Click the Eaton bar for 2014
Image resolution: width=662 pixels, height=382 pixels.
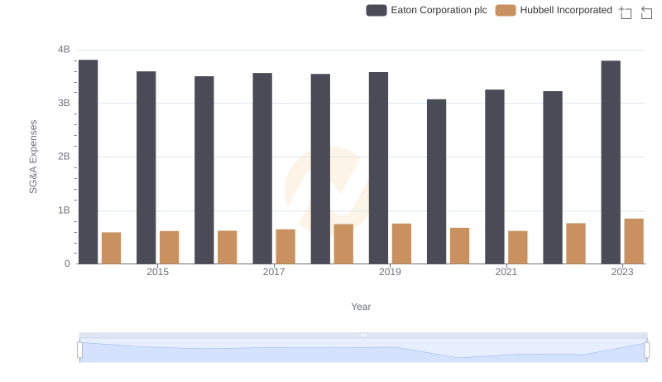pos(89,162)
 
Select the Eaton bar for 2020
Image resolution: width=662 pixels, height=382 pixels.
pos(436,181)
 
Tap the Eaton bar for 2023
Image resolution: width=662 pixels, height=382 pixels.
pos(611,162)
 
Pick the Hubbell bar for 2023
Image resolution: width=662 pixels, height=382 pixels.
pos(634,241)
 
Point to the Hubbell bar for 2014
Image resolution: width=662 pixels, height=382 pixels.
pos(112,248)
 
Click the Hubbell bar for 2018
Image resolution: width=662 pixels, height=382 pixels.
pos(343,244)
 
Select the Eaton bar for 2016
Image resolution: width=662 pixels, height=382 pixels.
pos(204,170)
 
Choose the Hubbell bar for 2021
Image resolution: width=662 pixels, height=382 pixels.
pos(518,247)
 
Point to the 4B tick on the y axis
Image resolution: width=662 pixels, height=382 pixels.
pos(64,50)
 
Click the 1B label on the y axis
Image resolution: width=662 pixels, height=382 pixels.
pos(64,210)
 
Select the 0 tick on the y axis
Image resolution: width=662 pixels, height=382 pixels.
pos(67,264)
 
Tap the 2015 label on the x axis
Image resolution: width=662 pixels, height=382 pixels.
pos(158,273)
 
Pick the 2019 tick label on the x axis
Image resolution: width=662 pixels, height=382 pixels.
pos(390,273)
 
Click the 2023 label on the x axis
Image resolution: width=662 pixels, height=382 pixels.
pos(622,273)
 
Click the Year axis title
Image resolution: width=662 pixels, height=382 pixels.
pos(361,307)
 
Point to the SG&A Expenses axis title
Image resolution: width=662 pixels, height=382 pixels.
pos(34,157)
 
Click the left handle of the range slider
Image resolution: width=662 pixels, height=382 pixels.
pos(79,351)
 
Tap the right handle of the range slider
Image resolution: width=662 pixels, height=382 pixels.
pos(647,351)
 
